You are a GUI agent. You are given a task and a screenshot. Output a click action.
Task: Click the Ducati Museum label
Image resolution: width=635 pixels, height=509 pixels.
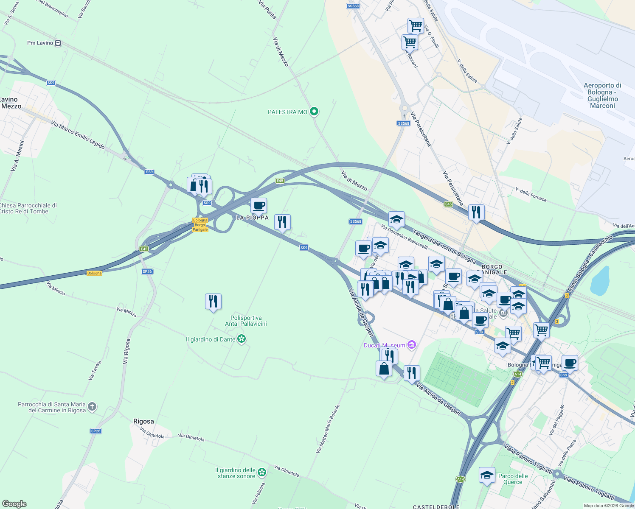tap(385, 345)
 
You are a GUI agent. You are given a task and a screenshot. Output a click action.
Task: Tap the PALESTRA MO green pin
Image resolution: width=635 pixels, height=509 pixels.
tap(314, 112)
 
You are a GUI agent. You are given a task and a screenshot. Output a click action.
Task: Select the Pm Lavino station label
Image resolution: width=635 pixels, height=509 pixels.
tap(40, 43)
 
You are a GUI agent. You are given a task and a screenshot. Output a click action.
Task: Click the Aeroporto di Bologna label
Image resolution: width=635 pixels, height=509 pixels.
tap(602, 95)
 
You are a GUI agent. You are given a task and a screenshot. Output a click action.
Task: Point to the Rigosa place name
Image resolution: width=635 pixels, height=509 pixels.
tap(143, 421)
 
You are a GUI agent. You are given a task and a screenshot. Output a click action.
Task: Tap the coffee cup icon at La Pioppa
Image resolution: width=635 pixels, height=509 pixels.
tap(258, 206)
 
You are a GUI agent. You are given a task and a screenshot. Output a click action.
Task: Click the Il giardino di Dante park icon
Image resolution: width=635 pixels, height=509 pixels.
tap(242, 339)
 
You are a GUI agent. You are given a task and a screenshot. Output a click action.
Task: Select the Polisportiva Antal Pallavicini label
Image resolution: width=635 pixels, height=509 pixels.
tap(246, 321)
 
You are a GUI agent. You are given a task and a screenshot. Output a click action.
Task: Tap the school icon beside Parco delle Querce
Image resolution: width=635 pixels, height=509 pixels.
tap(487, 475)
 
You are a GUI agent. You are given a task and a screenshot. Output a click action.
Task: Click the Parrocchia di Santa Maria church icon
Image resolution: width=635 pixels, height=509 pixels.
tap(92, 407)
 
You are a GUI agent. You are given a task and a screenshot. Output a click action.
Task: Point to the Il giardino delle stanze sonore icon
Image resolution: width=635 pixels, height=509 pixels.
tap(262, 472)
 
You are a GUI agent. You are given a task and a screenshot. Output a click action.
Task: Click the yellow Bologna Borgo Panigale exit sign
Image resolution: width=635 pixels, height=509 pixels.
tap(200, 225)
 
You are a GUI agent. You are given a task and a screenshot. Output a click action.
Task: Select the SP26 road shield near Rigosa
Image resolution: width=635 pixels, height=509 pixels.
tap(96, 431)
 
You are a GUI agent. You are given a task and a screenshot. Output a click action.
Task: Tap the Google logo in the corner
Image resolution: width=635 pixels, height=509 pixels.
tap(14, 504)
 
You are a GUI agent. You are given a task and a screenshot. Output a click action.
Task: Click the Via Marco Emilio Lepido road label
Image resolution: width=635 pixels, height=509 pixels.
tap(78, 135)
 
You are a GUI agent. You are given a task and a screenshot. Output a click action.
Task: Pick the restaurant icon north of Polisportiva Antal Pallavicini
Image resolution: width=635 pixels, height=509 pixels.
tap(213, 302)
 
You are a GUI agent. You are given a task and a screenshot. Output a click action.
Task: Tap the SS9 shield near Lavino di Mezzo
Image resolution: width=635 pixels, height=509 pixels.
tap(51, 83)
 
